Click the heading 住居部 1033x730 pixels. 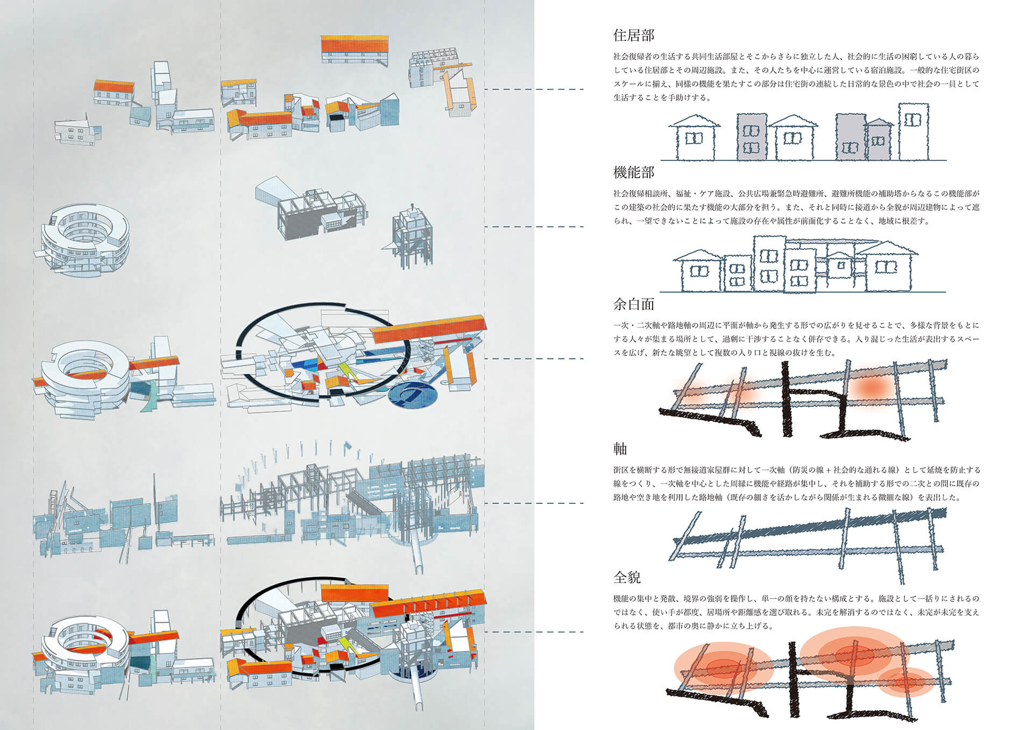point(633,36)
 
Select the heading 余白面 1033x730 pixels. point(633,305)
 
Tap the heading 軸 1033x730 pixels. point(620,448)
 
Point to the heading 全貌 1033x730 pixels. point(626,578)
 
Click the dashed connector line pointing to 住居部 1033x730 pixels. point(534,89)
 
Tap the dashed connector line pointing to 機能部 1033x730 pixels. point(534,227)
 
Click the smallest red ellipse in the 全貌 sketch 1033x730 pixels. point(909,683)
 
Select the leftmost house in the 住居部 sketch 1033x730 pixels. point(694,138)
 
